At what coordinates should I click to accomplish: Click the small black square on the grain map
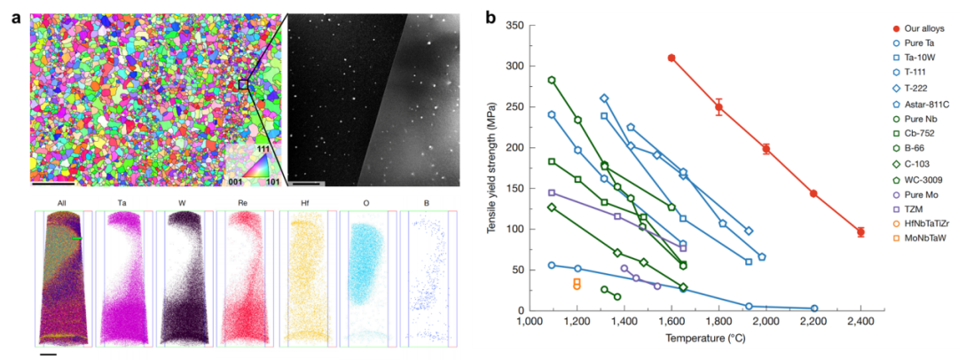tap(243, 83)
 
